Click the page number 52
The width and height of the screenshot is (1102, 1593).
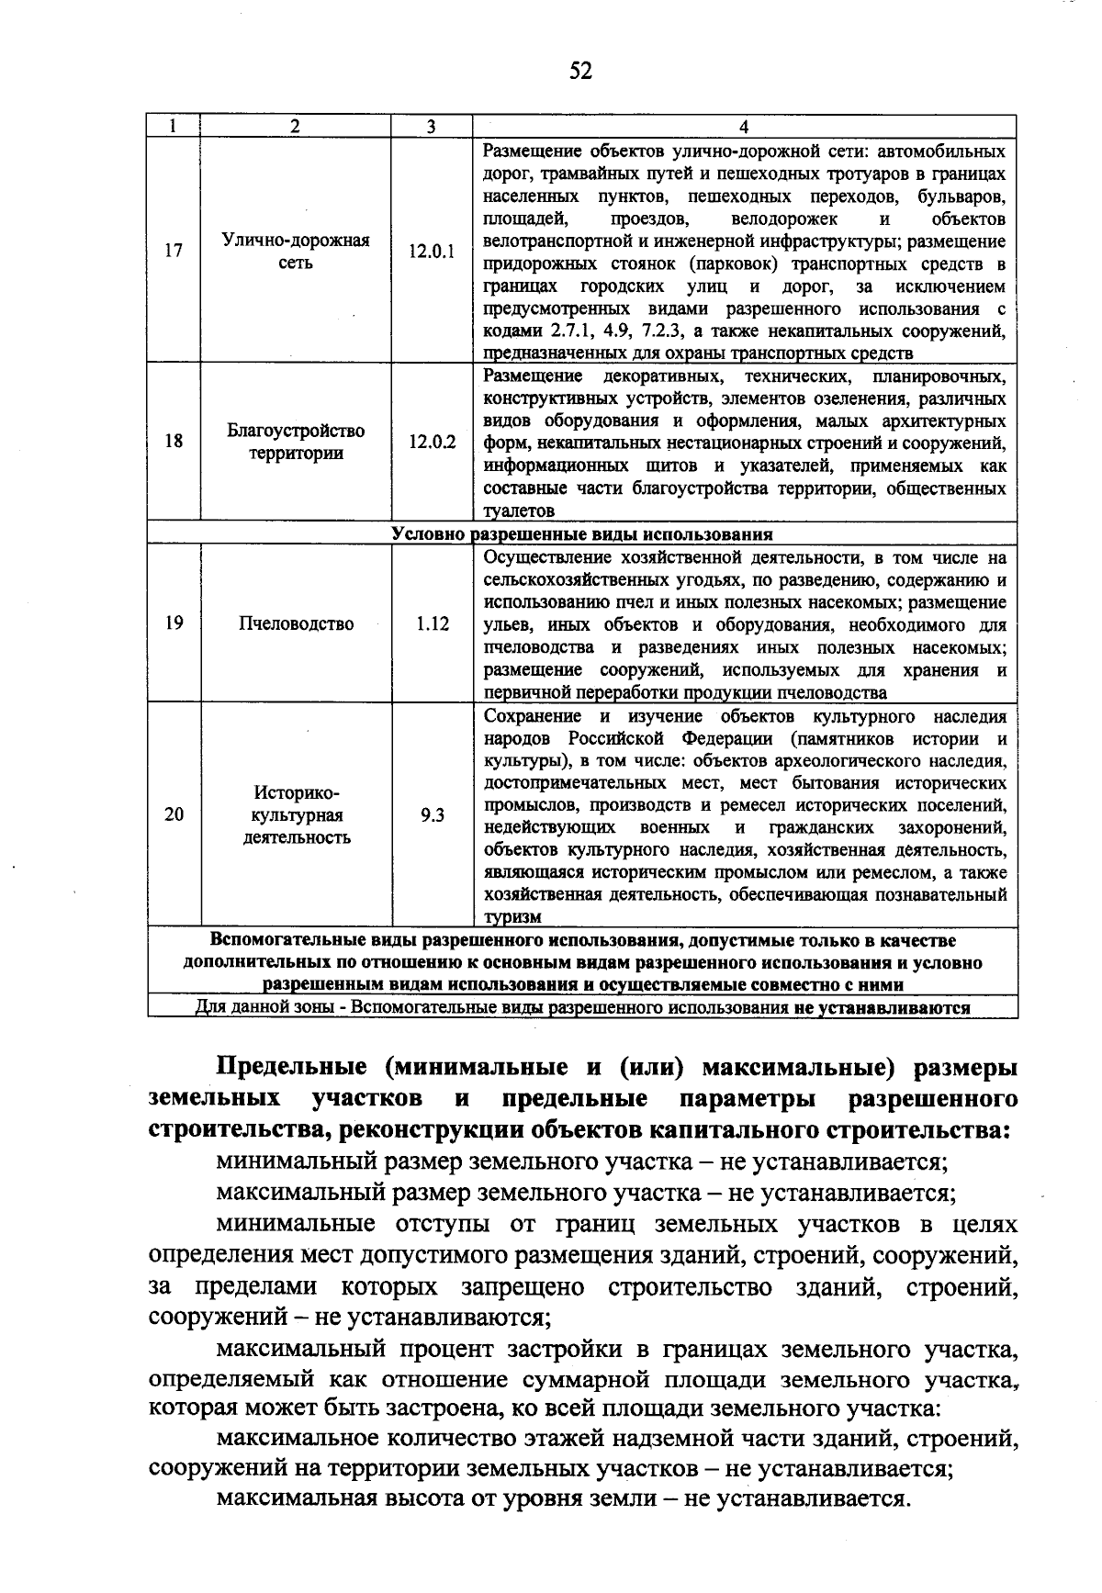pyautogui.click(x=580, y=70)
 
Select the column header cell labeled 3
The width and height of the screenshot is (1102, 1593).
pyautogui.click(x=431, y=127)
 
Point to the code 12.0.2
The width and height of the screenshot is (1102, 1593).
pyautogui.click(x=432, y=442)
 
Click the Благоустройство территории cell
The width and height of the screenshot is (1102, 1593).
pyautogui.click(x=296, y=442)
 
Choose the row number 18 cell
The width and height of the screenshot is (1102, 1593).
pyautogui.click(x=174, y=442)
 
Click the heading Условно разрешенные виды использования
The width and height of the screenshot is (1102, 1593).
pyautogui.click(x=581, y=534)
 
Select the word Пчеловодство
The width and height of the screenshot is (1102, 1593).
pyautogui.click(x=296, y=624)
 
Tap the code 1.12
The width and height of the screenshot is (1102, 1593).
pyautogui.click(x=432, y=624)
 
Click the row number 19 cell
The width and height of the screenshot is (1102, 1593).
pyautogui.click(x=174, y=624)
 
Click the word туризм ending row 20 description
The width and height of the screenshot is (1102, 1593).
pyautogui.click(x=512, y=917)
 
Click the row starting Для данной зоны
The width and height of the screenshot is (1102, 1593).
pyautogui.click(x=581, y=1007)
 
